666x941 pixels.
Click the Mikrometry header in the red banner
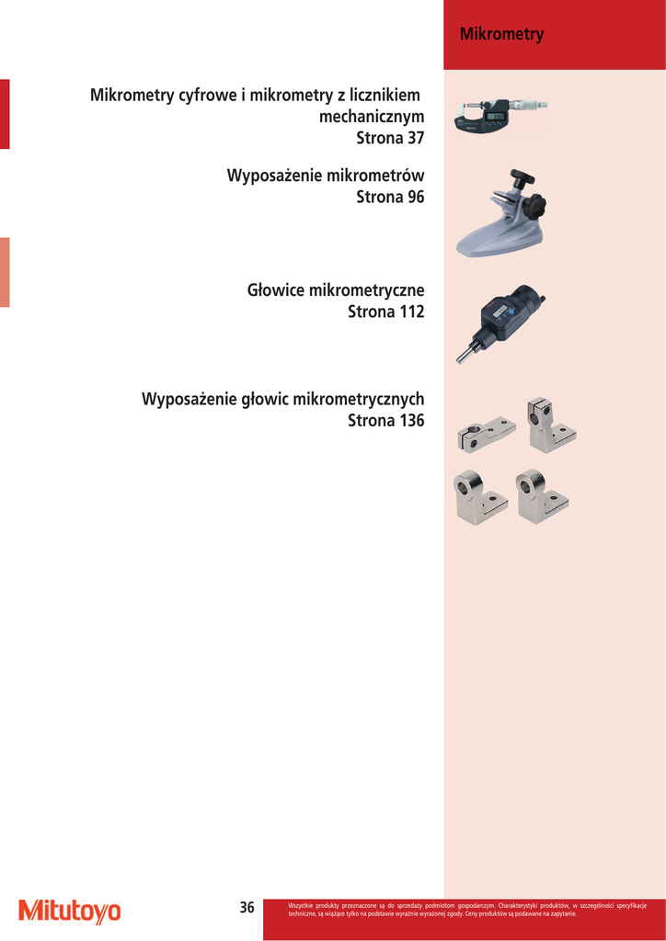(x=501, y=35)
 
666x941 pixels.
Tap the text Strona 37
(x=390, y=138)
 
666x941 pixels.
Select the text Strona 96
(x=390, y=197)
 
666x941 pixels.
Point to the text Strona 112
(x=385, y=312)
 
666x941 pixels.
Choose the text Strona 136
(x=385, y=421)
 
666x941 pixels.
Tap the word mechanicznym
(x=371, y=117)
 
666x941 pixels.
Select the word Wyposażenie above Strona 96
(x=274, y=176)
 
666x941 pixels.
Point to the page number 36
(x=247, y=908)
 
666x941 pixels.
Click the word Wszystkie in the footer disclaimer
(x=301, y=905)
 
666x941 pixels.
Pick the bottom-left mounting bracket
(x=479, y=497)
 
